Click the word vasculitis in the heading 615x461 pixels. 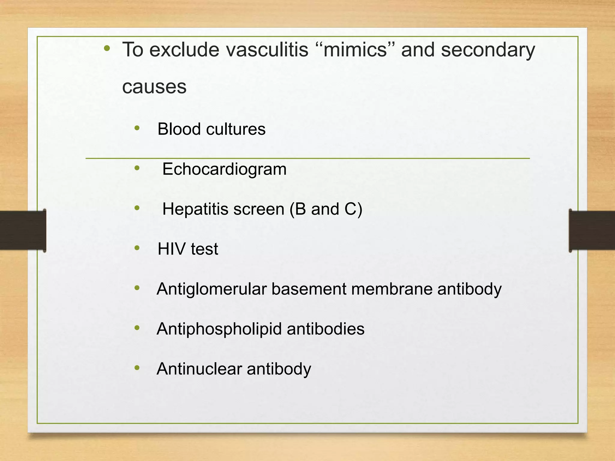coord(267,50)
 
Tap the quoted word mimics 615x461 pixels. coord(355,50)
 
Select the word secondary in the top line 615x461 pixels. coord(488,50)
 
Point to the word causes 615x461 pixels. coord(154,87)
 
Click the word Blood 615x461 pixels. coord(179,129)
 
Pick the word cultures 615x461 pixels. coord(236,129)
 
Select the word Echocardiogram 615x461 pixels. coord(224,169)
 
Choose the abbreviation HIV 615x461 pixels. coord(171,249)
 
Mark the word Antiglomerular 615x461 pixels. coord(212,289)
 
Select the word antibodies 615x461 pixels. coord(326,329)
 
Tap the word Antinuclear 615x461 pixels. coord(199,369)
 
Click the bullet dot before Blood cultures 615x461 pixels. coord(137,128)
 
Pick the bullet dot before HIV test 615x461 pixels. coord(137,248)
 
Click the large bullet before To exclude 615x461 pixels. coord(107,48)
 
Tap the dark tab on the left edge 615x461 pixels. coord(23,230)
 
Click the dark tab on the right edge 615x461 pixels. coord(592,230)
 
